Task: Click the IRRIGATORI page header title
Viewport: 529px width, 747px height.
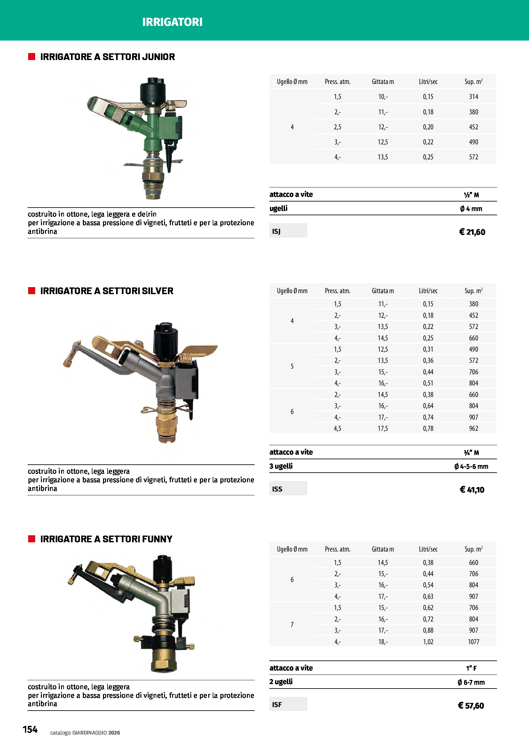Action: (172, 22)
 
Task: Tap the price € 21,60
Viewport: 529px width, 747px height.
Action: (472, 232)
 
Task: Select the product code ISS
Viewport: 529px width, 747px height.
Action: (277, 489)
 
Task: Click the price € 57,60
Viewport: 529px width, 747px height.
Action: (471, 705)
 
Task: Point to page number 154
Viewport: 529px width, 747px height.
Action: (30, 729)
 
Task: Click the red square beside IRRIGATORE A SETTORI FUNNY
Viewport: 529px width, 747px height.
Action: (32, 539)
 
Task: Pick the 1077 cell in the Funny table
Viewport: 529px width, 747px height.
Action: (473, 642)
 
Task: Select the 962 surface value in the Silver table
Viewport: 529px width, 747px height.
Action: (473, 429)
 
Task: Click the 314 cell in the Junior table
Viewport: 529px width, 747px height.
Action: (473, 97)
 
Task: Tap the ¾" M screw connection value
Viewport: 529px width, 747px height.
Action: (471, 453)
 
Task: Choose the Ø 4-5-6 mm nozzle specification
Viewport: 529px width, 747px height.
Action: (471, 467)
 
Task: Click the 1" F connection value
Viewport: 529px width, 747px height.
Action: (471, 668)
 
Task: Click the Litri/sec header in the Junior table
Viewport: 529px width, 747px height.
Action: (428, 82)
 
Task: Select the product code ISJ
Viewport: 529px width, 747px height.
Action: (276, 231)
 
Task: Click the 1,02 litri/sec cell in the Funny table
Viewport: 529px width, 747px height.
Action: (428, 642)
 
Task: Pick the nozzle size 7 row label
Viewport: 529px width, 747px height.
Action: (292, 624)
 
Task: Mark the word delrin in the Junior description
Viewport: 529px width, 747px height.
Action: (147, 214)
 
